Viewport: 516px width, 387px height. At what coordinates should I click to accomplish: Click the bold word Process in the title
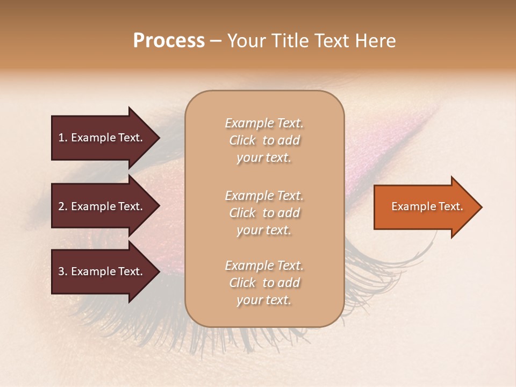[x=169, y=41]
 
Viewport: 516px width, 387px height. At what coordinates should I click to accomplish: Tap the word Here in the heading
[x=376, y=41]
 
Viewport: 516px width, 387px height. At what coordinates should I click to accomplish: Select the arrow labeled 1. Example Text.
[x=102, y=138]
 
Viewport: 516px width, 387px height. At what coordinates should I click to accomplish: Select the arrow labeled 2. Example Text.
[x=102, y=206]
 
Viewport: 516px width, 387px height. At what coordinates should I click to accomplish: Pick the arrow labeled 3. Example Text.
[x=102, y=271]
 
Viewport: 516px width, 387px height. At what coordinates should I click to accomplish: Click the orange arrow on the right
[x=425, y=207]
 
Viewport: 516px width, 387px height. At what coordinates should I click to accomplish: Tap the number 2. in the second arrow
[x=63, y=206]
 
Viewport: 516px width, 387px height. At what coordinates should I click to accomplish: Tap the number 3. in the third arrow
[x=63, y=271]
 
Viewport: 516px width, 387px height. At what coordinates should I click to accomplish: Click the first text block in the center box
[x=264, y=140]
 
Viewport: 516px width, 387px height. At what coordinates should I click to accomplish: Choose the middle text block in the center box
[x=264, y=213]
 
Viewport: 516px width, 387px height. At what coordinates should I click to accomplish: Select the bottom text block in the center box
[x=264, y=283]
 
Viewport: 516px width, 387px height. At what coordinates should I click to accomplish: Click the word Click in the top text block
[x=242, y=140]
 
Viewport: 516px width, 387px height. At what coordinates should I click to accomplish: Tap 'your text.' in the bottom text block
[x=264, y=300]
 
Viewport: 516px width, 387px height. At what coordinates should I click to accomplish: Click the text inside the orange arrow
[x=427, y=206]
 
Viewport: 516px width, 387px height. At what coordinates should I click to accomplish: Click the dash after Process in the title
[x=216, y=41]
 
